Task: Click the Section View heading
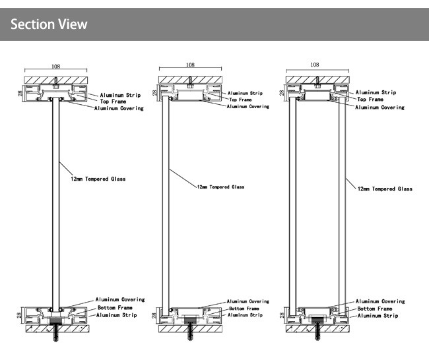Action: [x=49, y=24]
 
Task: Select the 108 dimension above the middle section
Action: [x=189, y=65]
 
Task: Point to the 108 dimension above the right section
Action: [x=314, y=65]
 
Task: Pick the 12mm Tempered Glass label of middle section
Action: [x=220, y=187]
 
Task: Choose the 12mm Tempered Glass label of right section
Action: [x=385, y=189]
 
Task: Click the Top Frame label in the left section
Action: [x=113, y=101]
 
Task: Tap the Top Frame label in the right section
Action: [x=370, y=99]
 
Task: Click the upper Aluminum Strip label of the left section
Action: [x=119, y=95]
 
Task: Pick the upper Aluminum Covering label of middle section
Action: [x=248, y=106]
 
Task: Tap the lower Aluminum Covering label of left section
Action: [x=120, y=299]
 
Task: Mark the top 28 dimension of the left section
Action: [x=19, y=94]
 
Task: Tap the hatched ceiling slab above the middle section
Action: [x=189, y=80]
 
